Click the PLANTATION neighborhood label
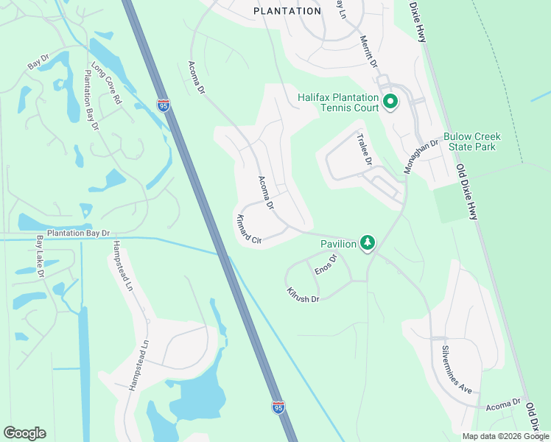click(x=287, y=11)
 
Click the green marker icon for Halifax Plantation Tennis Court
click(x=390, y=102)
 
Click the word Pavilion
click(x=338, y=244)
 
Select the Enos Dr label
click(x=326, y=264)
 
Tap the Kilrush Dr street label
click(x=303, y=295)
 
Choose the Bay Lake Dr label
click(x=40, y=256)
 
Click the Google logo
click(x=24, y=433)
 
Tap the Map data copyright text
click(x=505, y=436)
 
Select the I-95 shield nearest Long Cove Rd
click(x=164, y=106)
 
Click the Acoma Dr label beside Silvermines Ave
click(x=503, y=404)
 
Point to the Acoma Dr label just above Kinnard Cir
click(x=266, y=193)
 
